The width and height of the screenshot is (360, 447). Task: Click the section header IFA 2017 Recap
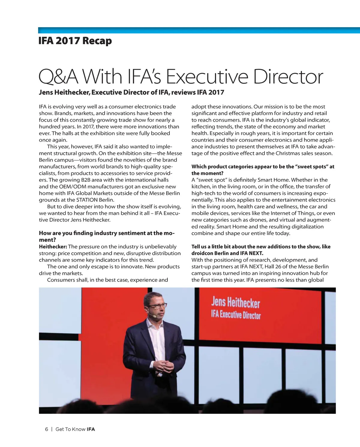(x=75, y=41)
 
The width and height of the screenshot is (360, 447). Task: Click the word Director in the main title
(x=288, y=77)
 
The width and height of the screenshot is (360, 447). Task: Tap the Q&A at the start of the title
(x=58, y=77)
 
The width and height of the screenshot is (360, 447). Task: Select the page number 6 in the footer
(x=46, y=429)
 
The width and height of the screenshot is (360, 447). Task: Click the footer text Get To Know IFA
(x=75, y=429)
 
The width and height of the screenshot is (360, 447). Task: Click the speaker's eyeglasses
(x=157, y=306)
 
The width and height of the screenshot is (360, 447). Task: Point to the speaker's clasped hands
(x=164, y=366)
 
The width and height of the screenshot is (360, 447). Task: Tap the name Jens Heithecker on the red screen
(x=235, y=302)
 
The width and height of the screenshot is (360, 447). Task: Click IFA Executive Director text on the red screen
(x=235, y=314)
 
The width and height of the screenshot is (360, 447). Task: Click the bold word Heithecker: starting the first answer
(x=53, y=247)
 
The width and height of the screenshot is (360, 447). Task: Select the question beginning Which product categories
(x=263, y=170)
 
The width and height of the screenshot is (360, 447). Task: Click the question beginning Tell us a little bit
(x=261, y=250)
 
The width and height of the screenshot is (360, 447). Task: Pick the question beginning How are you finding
(x=106, y=236)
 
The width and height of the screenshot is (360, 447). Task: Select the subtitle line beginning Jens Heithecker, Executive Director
(x=131, y=92)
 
